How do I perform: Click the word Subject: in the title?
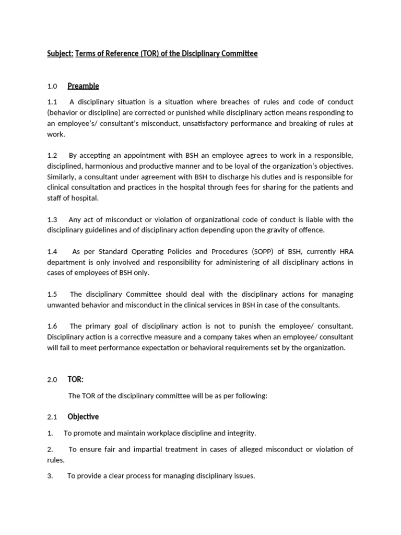[60, 54]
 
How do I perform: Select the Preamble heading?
[83, 86]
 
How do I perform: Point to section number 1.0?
[52, 86]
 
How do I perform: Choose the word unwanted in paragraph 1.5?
[64, 305]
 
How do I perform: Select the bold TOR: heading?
[76, 379]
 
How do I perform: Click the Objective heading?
[83, 416]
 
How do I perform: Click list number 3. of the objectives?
[50, 476]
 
